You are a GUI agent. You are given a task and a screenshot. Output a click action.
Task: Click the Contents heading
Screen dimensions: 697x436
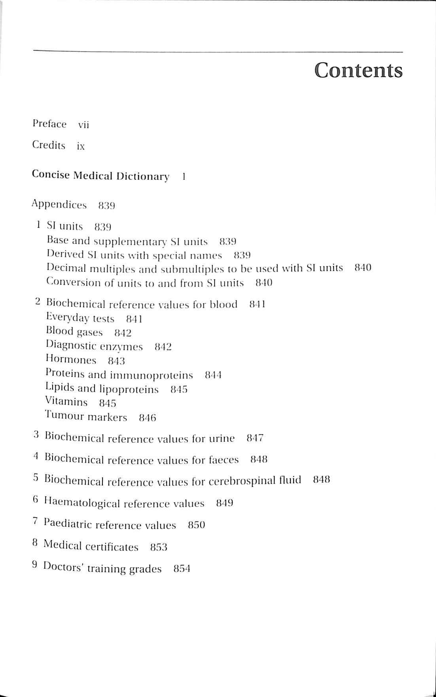pos(358,70)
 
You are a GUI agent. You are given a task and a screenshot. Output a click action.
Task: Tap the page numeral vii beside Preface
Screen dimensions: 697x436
pos(83,125)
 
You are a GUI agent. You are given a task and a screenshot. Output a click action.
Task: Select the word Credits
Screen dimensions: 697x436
pos(49,145)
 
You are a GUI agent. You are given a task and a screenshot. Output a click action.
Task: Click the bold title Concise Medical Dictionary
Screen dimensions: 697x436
pos(100,175)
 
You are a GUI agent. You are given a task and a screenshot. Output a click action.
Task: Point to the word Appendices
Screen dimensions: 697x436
pos(59,205)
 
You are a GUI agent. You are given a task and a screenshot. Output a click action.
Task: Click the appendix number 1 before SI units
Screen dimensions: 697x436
pos(38,225)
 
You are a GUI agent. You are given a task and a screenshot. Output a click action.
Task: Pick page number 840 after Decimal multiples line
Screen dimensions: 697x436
pos(363,268)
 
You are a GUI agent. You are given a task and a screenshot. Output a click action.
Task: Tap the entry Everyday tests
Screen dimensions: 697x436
pos(80,318)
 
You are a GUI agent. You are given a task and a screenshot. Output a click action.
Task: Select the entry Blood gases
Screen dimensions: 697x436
pos(74,332)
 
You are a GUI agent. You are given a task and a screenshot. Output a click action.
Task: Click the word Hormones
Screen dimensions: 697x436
pos(71,360)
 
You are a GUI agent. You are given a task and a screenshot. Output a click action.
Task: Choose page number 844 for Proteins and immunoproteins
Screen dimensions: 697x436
pos(213,375)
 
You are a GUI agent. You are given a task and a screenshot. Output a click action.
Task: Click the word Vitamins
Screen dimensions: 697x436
pos(66,402)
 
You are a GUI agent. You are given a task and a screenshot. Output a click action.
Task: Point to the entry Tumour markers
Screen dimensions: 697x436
pos(86,416)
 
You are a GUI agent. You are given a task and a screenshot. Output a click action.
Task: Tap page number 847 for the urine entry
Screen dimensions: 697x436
pos(255,438)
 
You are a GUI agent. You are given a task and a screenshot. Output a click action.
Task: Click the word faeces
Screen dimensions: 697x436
pos(223,460)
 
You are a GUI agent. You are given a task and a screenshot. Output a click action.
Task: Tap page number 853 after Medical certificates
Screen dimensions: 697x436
pos(159,547)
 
